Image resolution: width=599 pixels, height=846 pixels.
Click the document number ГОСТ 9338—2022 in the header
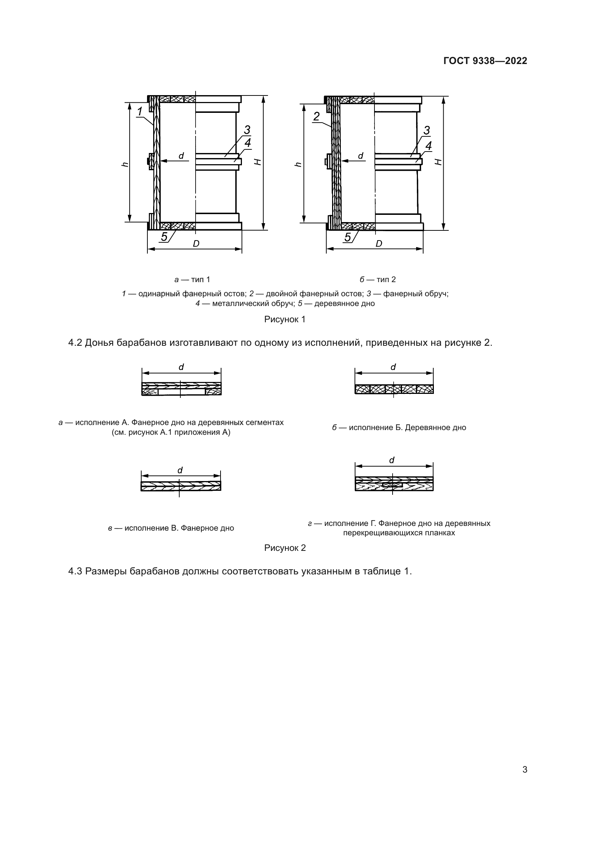[485, 61]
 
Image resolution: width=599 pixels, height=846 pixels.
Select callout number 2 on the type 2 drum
[317, 116]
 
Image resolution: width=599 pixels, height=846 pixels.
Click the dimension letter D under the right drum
[379, 243]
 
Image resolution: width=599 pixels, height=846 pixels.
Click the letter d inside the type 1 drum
[181, 156]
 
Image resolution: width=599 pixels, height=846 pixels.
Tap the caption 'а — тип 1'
[192, 280]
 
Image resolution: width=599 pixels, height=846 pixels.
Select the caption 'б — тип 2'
[378, 280]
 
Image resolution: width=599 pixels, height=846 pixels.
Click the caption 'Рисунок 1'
[285, 319]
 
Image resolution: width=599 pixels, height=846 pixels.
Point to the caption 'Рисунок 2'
[285, 548]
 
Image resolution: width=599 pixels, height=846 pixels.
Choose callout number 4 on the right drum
[428, 146]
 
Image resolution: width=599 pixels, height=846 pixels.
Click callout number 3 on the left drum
[247, 130]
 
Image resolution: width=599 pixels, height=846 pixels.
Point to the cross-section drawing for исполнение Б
[394, 389]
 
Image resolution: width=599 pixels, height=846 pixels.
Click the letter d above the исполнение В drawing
[180, 471]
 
